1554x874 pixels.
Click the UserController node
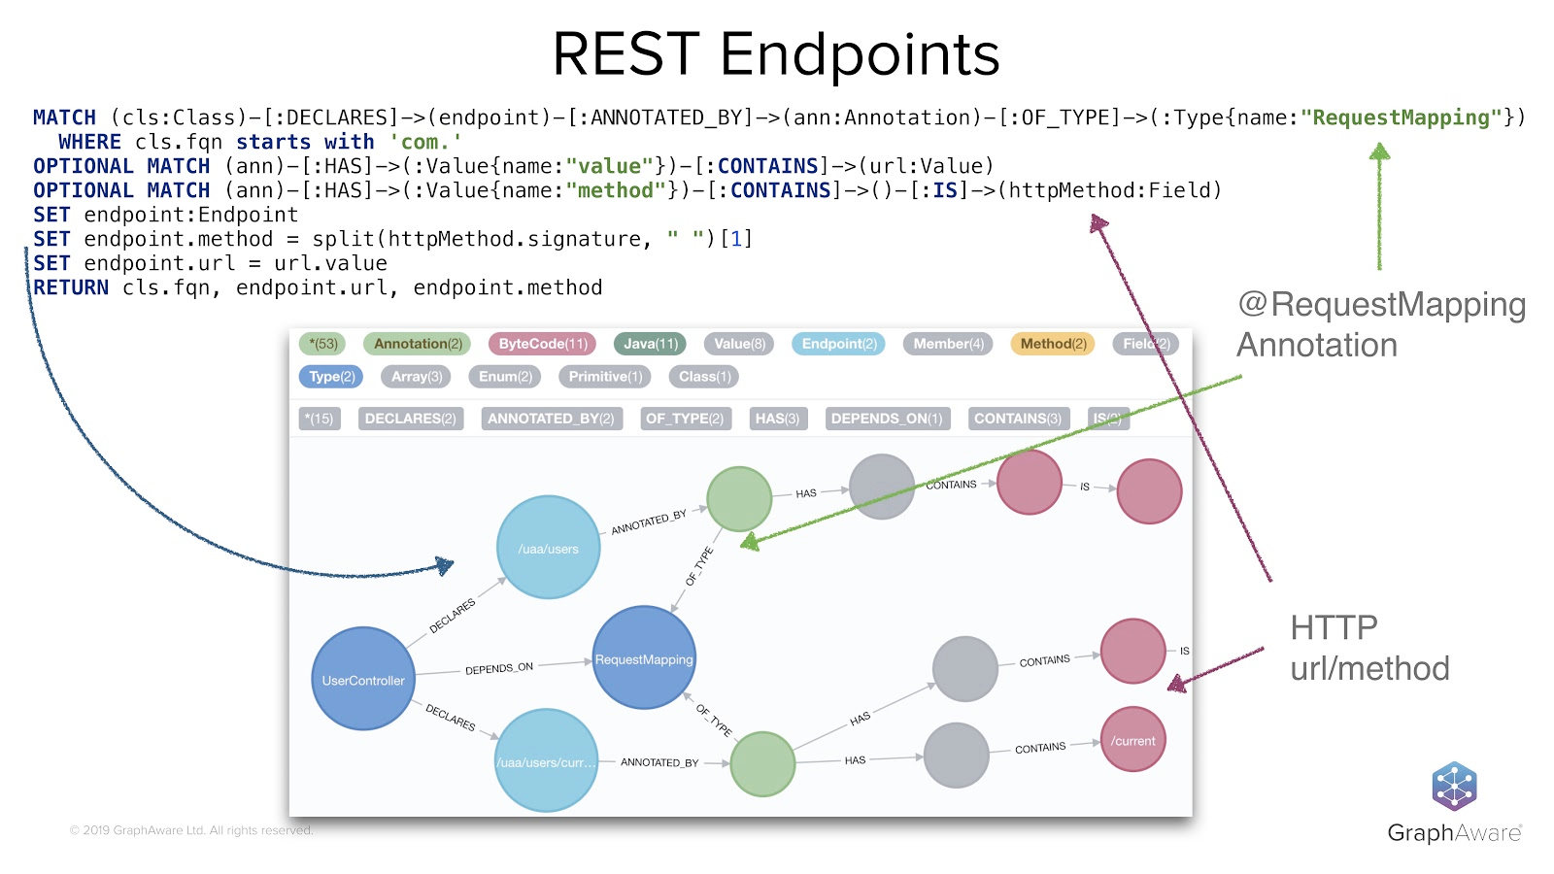coord(363,679)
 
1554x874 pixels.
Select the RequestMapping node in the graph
coord(644,658)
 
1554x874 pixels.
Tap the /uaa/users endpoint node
coord(548,548)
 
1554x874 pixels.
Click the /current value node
coord(1133,740)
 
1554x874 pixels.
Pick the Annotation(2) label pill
coord(418,344)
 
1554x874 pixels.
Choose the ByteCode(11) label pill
coord(543,344)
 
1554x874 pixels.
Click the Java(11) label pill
coord(650,344)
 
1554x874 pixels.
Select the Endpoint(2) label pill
coord(839,344)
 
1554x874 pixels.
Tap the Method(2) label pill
coord(1053,344)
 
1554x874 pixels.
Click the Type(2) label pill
coord(331,377)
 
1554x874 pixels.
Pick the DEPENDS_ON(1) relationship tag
coord(886,419)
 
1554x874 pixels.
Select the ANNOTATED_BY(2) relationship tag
coord(551,419)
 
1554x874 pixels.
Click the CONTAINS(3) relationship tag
coord(1017,419)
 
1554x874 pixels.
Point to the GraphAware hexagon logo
coord(1454,787)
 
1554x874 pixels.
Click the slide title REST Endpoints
coord(776,54)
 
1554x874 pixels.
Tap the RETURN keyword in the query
coord(71,287)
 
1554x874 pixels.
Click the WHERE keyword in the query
coord(89,142)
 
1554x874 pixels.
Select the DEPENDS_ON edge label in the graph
coord(499,668)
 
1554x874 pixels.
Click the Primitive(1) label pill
coord(605,377)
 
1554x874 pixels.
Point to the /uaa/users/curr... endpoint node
coord(546,761)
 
